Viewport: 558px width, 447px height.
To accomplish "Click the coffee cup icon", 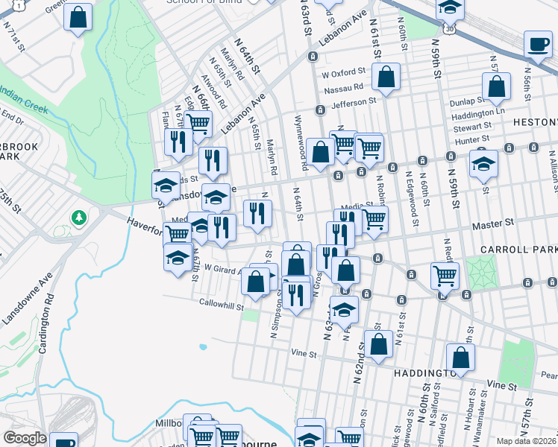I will (x=538, y=44).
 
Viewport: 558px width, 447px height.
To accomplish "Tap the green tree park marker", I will (x=78, y=218).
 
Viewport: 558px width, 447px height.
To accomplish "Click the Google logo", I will (x=24, y=438).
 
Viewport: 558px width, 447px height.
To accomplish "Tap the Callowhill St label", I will (x=221, y=304).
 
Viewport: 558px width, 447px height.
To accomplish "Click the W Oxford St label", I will (x=343, y=75).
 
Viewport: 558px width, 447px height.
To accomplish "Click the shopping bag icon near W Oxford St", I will (x=386, y=77).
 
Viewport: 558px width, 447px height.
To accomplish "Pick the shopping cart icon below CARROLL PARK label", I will (x=445, y=276).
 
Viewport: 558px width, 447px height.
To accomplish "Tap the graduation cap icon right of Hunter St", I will (x=483, y=164).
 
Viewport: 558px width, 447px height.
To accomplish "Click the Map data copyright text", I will (x=525, y=440).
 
